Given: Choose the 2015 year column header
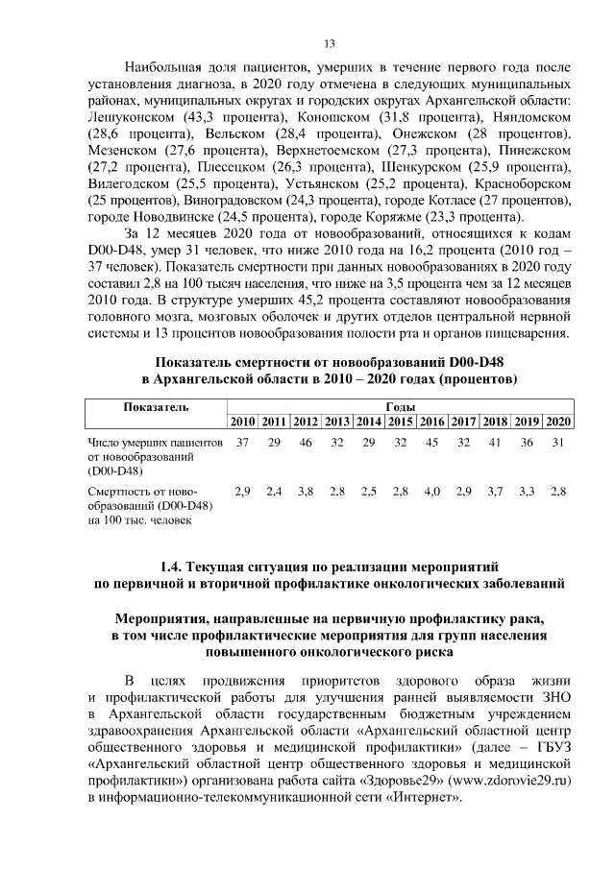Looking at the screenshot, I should [400, 423].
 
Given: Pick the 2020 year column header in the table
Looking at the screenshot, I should [557, 423].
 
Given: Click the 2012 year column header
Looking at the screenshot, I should [306, 423].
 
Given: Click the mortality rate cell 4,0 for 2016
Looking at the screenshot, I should [431, 492].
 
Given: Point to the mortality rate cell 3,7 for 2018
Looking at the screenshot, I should [495, 492].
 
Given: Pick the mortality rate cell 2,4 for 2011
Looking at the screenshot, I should [275, 492].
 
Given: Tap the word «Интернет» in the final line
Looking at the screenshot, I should [417, 798].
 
